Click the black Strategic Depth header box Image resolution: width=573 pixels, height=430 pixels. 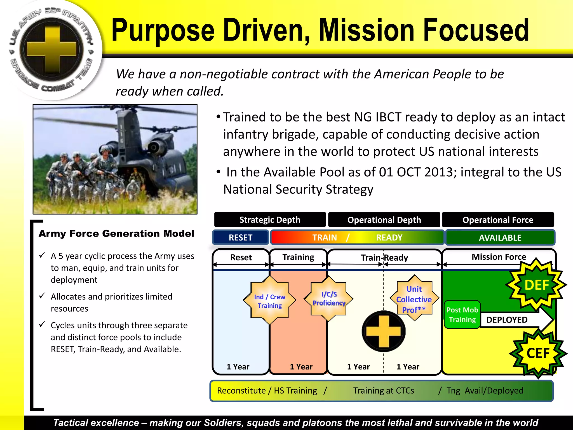point(270,220)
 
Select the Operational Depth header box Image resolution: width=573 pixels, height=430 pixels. point(384,220)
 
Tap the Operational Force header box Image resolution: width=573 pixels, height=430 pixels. point(498,220)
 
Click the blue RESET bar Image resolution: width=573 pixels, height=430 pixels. point(241,237)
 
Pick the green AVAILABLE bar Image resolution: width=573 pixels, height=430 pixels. point(500,237)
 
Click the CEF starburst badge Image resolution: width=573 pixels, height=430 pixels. point(538,353)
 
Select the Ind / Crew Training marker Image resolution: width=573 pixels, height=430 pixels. point(269,301)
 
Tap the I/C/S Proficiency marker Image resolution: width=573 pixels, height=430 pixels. point(329,298)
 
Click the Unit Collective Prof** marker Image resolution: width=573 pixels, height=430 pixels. point(414,299)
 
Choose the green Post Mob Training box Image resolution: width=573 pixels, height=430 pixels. point(462,315)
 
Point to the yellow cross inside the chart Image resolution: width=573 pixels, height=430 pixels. point(384,331)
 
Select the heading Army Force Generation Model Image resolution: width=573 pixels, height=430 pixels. point(116,233)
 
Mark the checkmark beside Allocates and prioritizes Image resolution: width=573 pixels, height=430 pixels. point(42,296)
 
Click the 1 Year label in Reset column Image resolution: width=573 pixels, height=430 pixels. point(238,366)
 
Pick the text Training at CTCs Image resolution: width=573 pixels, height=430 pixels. point(383,391)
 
